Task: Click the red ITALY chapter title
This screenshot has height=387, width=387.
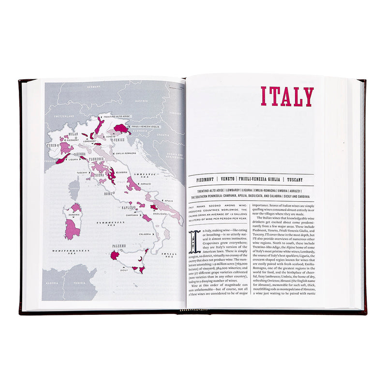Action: [287, 97]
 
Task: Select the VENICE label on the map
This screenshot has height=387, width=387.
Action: [119, 140]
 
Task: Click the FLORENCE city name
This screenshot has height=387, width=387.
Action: [97, 158]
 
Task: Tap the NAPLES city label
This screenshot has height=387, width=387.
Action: [128, 207]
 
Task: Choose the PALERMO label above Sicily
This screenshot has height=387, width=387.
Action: [119, 246]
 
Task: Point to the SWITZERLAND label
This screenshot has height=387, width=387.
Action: [64, 117]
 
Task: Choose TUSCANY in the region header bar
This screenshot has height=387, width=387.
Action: [295, 179]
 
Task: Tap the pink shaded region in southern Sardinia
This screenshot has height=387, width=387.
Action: [73, 229]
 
